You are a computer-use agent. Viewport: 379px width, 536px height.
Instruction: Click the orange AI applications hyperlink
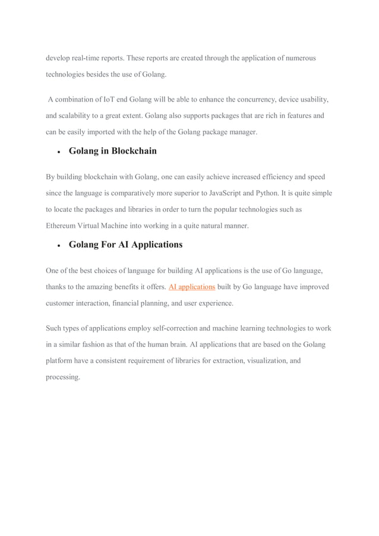point(192,287)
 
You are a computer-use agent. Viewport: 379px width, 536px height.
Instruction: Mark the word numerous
point(297,58)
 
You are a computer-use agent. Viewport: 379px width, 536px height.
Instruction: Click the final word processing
point(62,376)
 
